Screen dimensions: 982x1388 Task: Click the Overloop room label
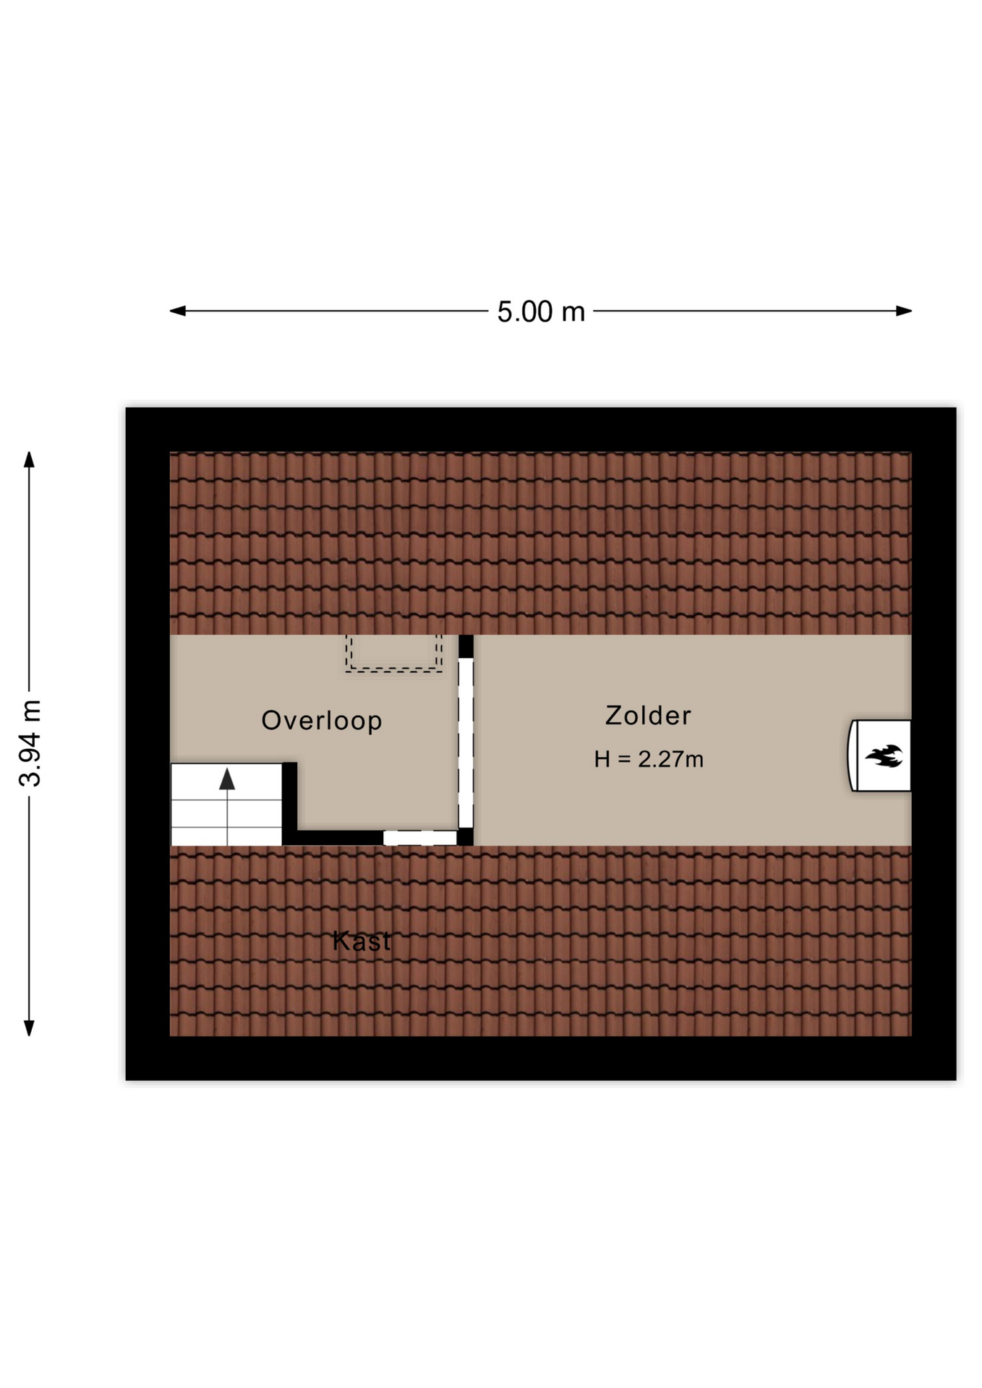(x=321, y=721)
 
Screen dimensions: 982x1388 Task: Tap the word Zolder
(x=648, y=716)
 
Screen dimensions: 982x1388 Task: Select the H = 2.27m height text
(x=649, y=759)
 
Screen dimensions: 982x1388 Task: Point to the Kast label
(x=362, y=941)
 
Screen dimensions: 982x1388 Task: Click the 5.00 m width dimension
(x=541, y=312)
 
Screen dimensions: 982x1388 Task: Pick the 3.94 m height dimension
(x=31, y=743)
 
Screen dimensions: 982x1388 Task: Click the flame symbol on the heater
(x=884, y=756)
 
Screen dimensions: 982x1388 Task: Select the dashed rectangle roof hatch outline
(x=393, y=654)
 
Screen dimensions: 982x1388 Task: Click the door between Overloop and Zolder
(x=466, y=743)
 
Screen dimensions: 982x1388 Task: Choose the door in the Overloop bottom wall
(x=420, y=838)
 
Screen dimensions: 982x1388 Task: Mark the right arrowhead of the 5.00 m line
(x=903, y=311)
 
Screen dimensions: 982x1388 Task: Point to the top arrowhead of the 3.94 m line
(x=29, y=460)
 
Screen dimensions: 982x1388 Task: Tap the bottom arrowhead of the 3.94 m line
(x=29, y=1028)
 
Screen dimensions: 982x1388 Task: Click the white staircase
(x=226, y=805)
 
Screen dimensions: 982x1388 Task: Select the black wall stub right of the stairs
(x=289, y=803)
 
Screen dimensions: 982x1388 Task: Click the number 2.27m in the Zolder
(x=670, y=759)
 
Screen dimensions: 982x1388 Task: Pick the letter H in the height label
(x=602, y=759)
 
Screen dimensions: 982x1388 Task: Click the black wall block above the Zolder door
(x=466, y=646)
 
